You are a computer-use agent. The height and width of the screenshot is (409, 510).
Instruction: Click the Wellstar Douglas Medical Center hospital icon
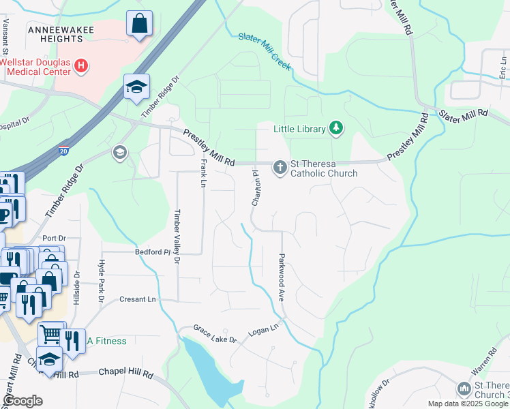tap(81, 66)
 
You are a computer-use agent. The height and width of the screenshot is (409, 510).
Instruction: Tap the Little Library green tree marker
tap(335, 127)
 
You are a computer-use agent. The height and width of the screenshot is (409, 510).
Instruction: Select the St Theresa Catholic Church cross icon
tap(280, 167)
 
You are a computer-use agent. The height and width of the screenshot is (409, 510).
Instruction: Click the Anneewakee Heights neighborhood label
tap(56, 34)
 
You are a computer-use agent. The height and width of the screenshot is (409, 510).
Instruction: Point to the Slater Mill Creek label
tap(265, 50)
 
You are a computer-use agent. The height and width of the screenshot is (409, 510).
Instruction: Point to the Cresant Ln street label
tap(137, 299)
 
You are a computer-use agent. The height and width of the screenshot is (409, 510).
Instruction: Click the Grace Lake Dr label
tap(215, 334)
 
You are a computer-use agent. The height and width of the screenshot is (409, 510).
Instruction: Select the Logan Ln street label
tap(264, 329)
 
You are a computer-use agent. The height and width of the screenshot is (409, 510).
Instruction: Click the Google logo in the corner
tap(22, 401)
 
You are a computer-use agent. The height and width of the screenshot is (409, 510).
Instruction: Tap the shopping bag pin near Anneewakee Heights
tap(139, 25)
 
